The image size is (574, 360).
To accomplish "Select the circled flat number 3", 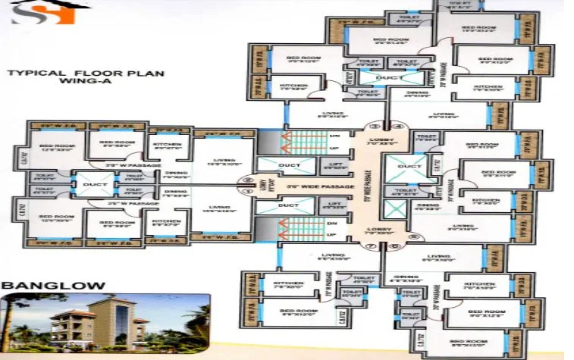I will pos(373,126).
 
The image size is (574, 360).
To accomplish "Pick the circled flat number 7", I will pos(372,246).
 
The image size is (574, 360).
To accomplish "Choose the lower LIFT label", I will pos(334,203).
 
